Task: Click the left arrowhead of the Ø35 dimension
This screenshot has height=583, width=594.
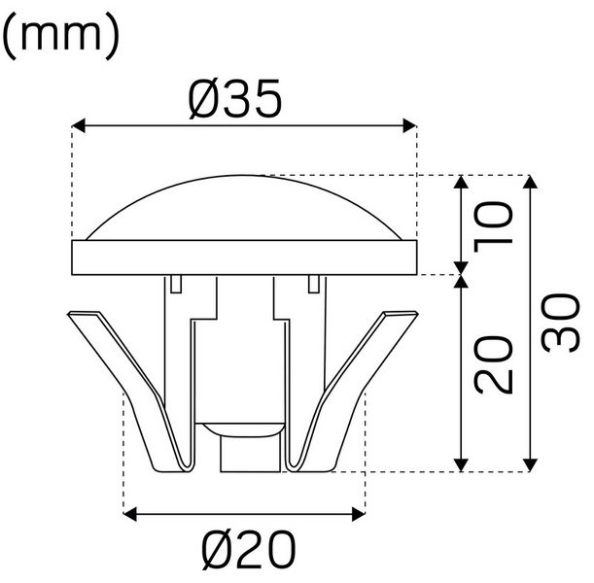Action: tap(81, 125)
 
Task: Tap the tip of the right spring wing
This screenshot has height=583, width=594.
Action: tap(408, 316)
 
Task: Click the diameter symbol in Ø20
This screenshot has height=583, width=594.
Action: tap(206, 551)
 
